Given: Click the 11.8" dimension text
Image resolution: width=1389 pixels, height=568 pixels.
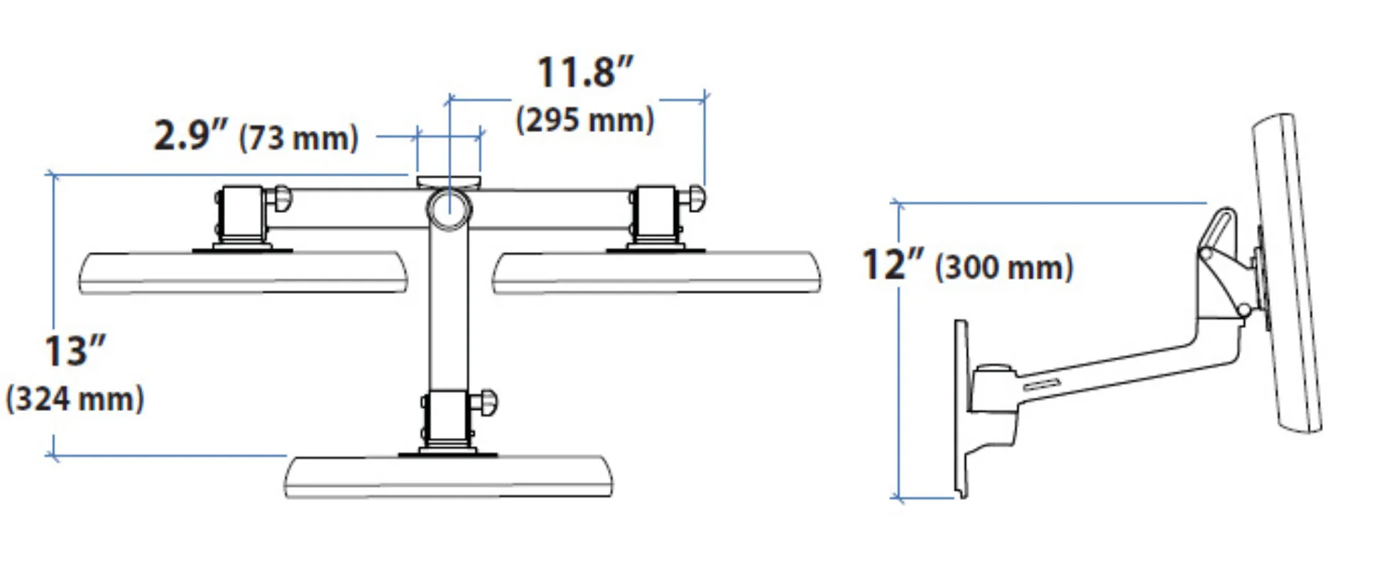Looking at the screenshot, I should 584,72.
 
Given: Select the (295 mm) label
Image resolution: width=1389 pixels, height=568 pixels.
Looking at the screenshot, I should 584,120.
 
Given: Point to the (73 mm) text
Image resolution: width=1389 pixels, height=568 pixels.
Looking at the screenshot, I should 298,138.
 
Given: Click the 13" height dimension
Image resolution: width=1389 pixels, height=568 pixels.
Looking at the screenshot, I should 75,351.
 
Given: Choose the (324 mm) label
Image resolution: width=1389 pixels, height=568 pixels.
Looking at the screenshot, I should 75,399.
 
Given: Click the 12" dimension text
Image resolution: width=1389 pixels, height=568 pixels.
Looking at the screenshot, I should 893,264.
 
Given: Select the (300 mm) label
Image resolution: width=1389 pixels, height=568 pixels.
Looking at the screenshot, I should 1004,268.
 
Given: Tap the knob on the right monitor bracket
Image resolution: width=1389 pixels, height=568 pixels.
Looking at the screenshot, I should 695,197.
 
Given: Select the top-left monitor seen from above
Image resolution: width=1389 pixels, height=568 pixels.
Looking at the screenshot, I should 243,272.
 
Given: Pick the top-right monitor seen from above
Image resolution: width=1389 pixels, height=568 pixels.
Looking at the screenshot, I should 656,272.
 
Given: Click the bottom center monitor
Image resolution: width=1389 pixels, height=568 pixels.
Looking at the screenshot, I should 448,477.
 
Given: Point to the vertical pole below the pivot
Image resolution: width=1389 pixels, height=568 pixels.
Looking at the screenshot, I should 449,312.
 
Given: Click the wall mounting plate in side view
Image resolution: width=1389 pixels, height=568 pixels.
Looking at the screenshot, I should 961,408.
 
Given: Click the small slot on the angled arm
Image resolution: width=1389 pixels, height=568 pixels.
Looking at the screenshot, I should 1042,384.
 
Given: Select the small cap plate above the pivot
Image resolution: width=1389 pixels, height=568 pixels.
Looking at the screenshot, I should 449,182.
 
